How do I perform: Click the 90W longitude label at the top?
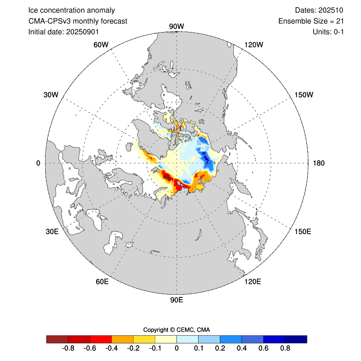(176, 27)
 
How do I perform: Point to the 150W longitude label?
(303, 95)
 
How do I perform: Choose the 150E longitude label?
(303, 231)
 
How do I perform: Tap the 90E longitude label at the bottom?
(176, 301)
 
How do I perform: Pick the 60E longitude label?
(102, 282)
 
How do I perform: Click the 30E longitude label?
(52, 231)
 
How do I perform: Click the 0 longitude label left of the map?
(38, 163)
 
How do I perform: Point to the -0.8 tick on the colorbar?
(68, 348)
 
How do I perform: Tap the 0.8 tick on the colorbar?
(285, 348)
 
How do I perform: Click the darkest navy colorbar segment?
(296, 339)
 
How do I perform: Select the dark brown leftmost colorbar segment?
(57, 339)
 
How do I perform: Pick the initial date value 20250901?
(83, 32)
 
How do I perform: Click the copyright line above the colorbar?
(176, 329)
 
